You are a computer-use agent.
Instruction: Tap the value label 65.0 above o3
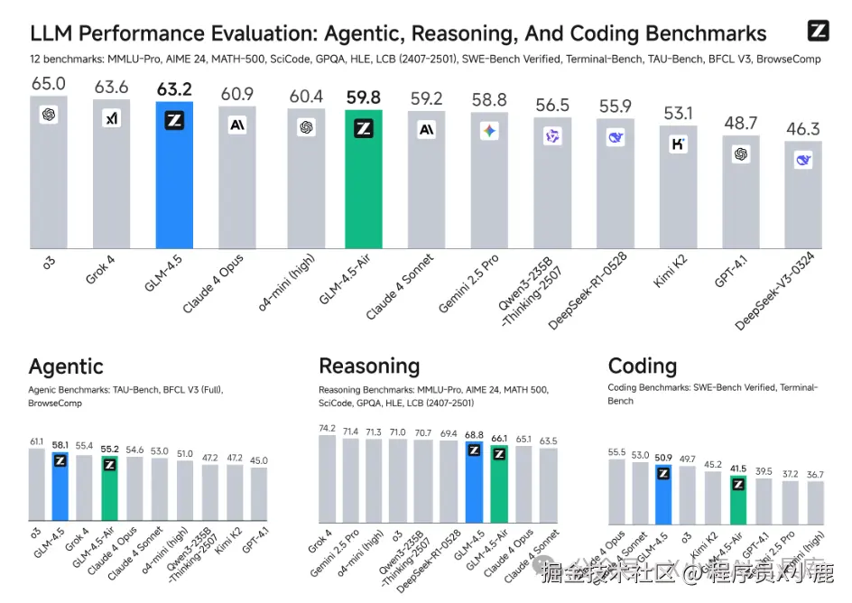click(49, 84)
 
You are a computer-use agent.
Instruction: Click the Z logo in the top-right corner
click(818, 30)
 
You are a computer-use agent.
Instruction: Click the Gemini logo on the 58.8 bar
click(489, 131)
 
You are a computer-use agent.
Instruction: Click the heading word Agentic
click(66, 366)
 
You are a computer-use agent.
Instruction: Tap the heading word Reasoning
click(369, 366)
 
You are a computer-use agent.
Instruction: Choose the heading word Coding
click(642, 366)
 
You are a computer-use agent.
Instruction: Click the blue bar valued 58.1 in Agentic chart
click(60, 487)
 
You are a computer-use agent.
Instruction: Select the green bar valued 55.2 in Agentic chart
click(109, 492)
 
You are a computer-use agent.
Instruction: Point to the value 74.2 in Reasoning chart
click(327, 428)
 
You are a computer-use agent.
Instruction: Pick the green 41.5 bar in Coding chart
click(738, 498)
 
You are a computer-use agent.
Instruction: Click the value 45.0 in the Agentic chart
click(258, 460)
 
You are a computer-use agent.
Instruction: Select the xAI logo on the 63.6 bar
click(112, 119)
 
